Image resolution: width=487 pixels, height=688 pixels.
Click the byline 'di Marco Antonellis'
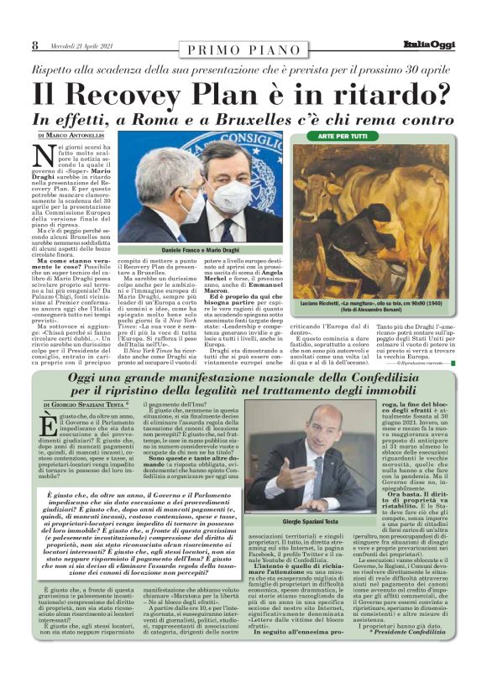pos(73,136)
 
